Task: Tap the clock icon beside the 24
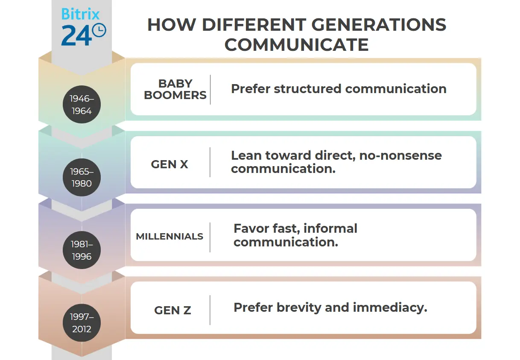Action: point(99,30)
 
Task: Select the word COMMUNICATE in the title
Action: point(296,45)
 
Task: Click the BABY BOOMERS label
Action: point(175,90)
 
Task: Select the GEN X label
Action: point(169,164)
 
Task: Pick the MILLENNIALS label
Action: point(169,237)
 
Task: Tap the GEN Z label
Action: point(172,310)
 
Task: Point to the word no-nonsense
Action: point(400,155)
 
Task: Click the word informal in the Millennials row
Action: point(330,228)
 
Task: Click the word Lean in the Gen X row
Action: point(245,155)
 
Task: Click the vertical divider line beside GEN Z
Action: point(210,310)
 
